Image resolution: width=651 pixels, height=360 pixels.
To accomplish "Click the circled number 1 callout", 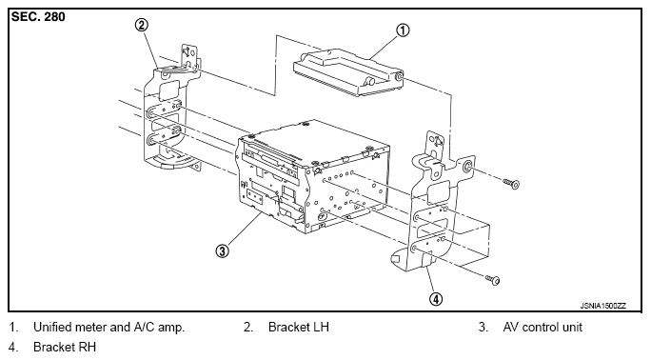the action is click(403, 30).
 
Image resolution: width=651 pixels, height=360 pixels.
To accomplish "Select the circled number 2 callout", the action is click(142, 26).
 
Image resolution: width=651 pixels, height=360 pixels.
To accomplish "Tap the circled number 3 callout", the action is click(222, 250).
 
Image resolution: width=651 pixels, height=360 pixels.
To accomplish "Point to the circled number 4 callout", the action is click(436, 298).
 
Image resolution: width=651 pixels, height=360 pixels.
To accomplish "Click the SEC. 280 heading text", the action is click(38, 16).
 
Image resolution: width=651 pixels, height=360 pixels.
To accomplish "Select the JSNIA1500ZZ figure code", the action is click(602, 306).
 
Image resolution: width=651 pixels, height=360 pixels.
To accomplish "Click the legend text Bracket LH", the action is click(299, 328).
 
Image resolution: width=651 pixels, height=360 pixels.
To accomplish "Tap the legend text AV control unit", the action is click(542, 328).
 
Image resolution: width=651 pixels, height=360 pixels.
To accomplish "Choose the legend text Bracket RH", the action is click(65, 347).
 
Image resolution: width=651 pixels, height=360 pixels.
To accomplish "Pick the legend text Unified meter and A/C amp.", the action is click(108, 328).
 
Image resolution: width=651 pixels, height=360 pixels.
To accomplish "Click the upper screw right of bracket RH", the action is click(511, 183).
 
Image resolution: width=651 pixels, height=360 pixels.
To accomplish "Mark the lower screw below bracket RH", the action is click(493, 280).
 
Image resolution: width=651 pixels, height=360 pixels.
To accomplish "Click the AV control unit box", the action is click(312, 175).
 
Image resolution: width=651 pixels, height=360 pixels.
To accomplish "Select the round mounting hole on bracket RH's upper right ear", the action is click(467, 166).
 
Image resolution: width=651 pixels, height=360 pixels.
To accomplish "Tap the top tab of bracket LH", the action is click(189, 55).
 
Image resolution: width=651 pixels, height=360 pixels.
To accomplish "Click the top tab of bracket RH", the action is click(435, 144).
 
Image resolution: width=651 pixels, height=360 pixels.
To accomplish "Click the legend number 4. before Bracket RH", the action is click(13, 347).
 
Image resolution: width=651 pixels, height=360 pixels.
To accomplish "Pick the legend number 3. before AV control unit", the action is click(483, 328).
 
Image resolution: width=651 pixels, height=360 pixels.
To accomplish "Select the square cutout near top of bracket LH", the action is click(168, 89).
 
